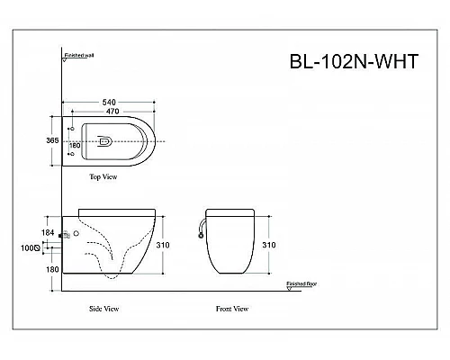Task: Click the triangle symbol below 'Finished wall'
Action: pos(66,61)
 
